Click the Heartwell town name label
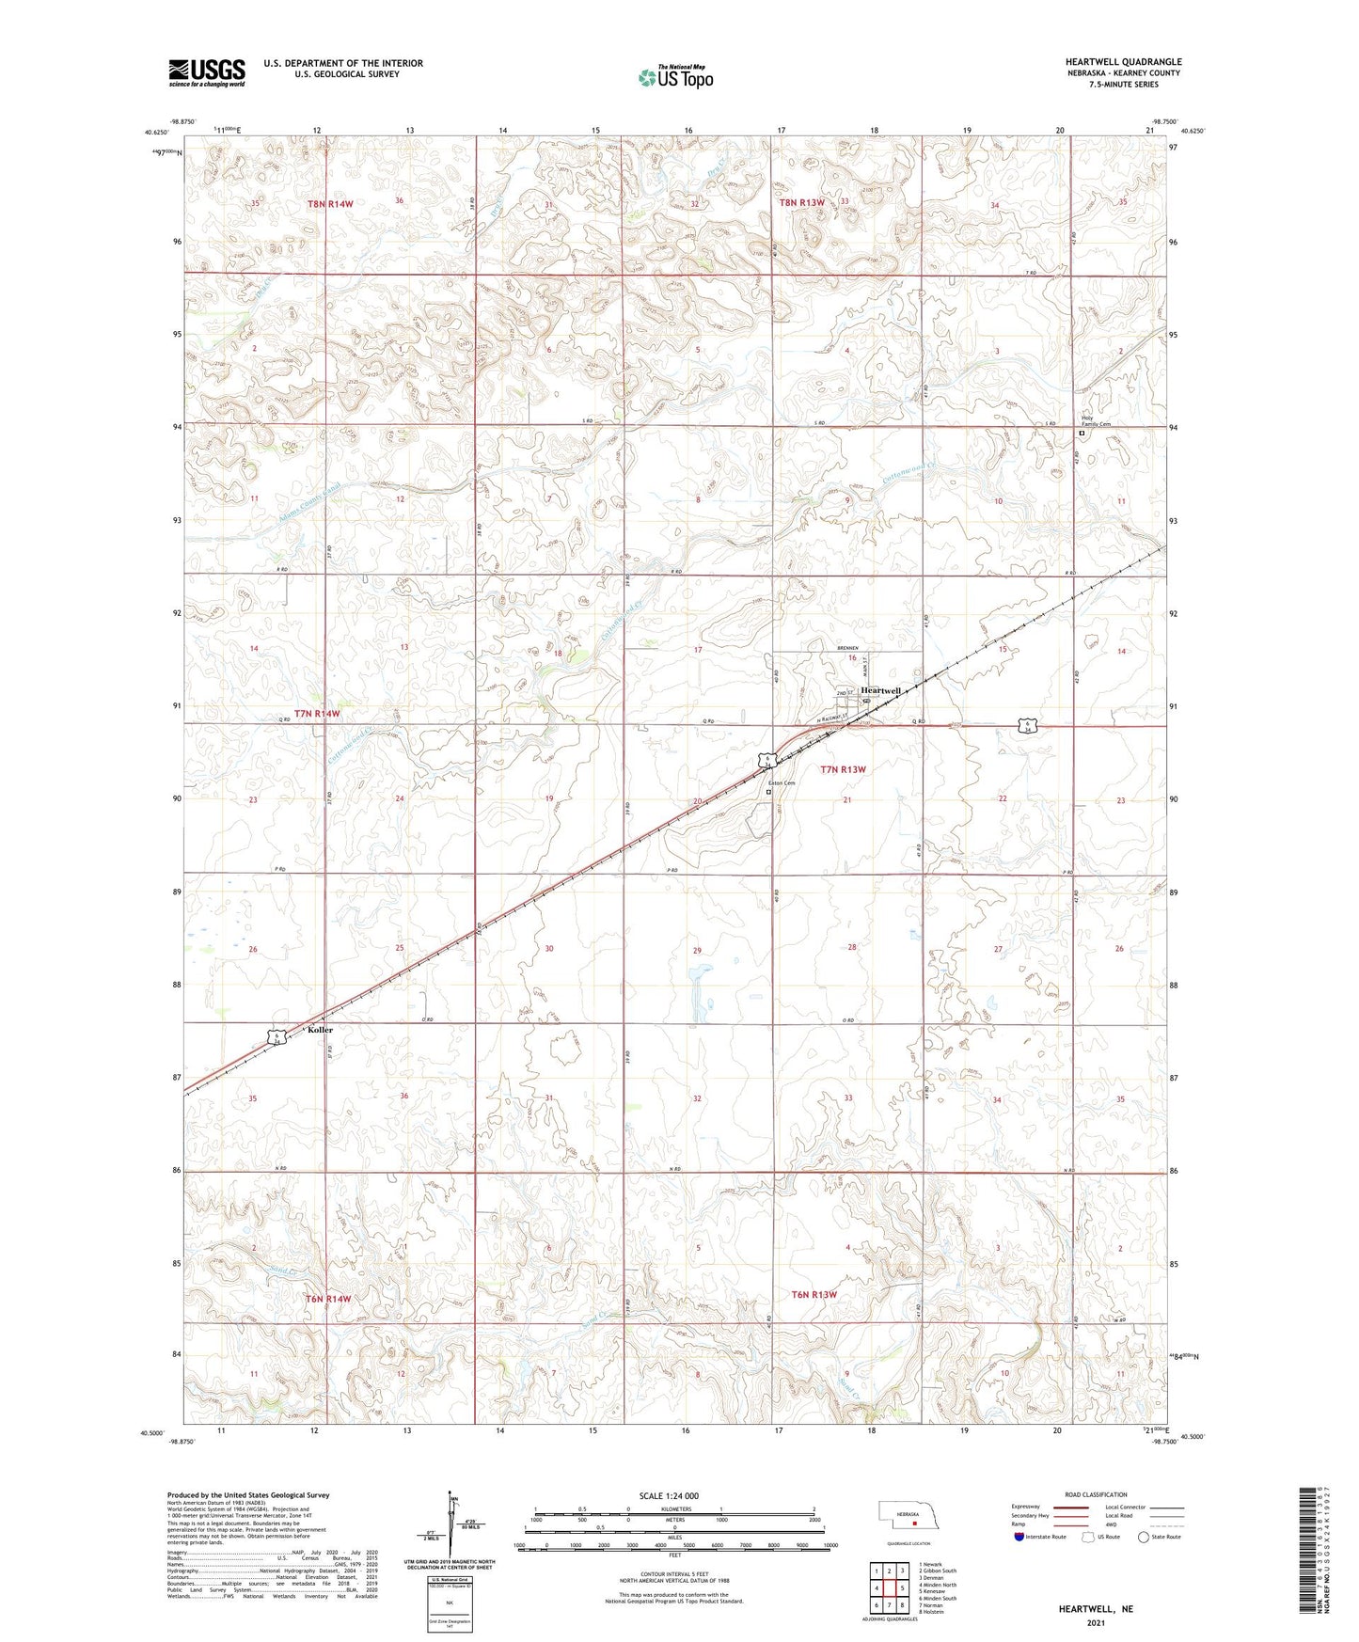[x=880, y=690]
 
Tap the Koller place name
[x=320, y=1030]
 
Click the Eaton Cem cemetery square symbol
[x=768, y=792]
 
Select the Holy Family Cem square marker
[x=1082, y=434]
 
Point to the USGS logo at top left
[x=207, y=72]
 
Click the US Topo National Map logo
[x=673, y=76]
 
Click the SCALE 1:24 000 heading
[x=669, y=1496]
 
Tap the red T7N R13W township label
[x=842, y=769]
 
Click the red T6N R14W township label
[x=327, y=1299]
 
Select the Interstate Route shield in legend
[x=1019, y=1537]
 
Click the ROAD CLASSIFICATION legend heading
[x=1095, y=1494]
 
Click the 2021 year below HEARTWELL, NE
[x=1095, y=1623]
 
